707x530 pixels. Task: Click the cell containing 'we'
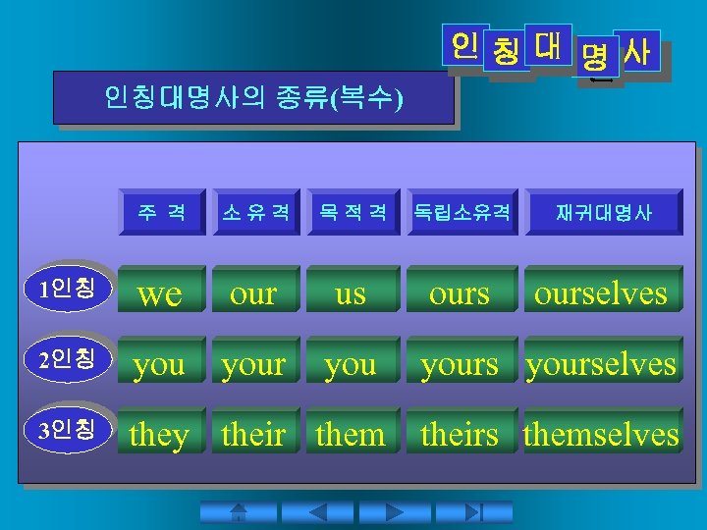[x=161, y=292]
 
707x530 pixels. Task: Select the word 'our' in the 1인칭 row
[x=253, y=292]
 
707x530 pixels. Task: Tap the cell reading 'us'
[x=350, y=292]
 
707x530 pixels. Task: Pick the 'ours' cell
[x=460, y=292]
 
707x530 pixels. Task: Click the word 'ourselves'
[x=601, y=292]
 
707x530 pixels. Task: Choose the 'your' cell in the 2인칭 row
[x=253, y=364]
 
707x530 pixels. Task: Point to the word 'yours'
[x=460, y=364]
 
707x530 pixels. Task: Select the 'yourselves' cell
[x=601, y=364]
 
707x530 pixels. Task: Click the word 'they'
[x=159, y=434]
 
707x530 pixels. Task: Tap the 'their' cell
[x=253, y=434]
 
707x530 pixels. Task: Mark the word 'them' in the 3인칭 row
[x=350, y=434]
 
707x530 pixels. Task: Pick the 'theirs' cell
[x=460, y=434]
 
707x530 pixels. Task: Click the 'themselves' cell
[x=601, y=434]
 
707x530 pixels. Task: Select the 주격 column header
[x=162, y=212]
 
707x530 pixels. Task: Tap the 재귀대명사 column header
[x=603, y=212]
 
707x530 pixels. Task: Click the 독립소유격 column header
[x=461, y=212]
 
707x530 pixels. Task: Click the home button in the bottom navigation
[x=238, y=512]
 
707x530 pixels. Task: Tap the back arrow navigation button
[x=316, y=512]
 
